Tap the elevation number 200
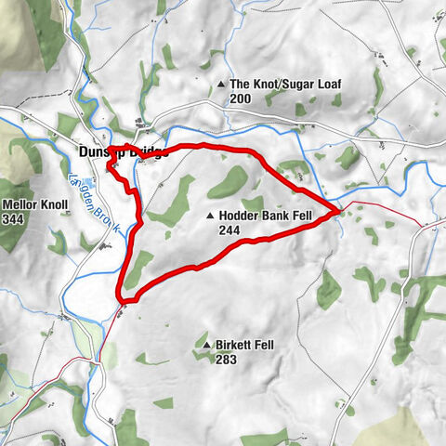point(240,98)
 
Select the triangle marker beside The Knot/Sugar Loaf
point(221,85)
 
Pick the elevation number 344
point(13,219)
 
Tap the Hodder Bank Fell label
point(269,216)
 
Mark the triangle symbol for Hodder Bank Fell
point(210,217)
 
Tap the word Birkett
point(234,343)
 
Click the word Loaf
point(328,85)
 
